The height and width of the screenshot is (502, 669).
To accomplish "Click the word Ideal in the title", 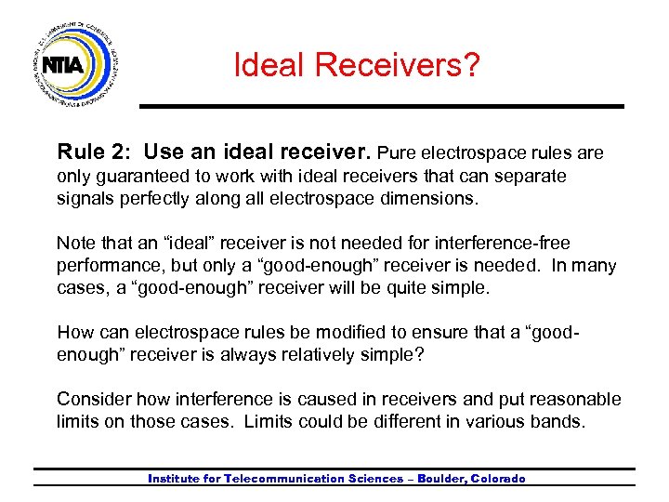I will coord(269,65).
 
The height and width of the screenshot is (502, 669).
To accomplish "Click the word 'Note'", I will coord(75,243).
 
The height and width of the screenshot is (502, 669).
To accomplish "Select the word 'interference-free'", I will coord(509,243).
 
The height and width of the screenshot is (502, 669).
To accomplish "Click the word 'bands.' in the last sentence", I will coord(562,421).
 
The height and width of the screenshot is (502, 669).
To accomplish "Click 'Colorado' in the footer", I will coord(498,479).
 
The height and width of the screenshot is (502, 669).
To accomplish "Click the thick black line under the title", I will coord(381,105).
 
